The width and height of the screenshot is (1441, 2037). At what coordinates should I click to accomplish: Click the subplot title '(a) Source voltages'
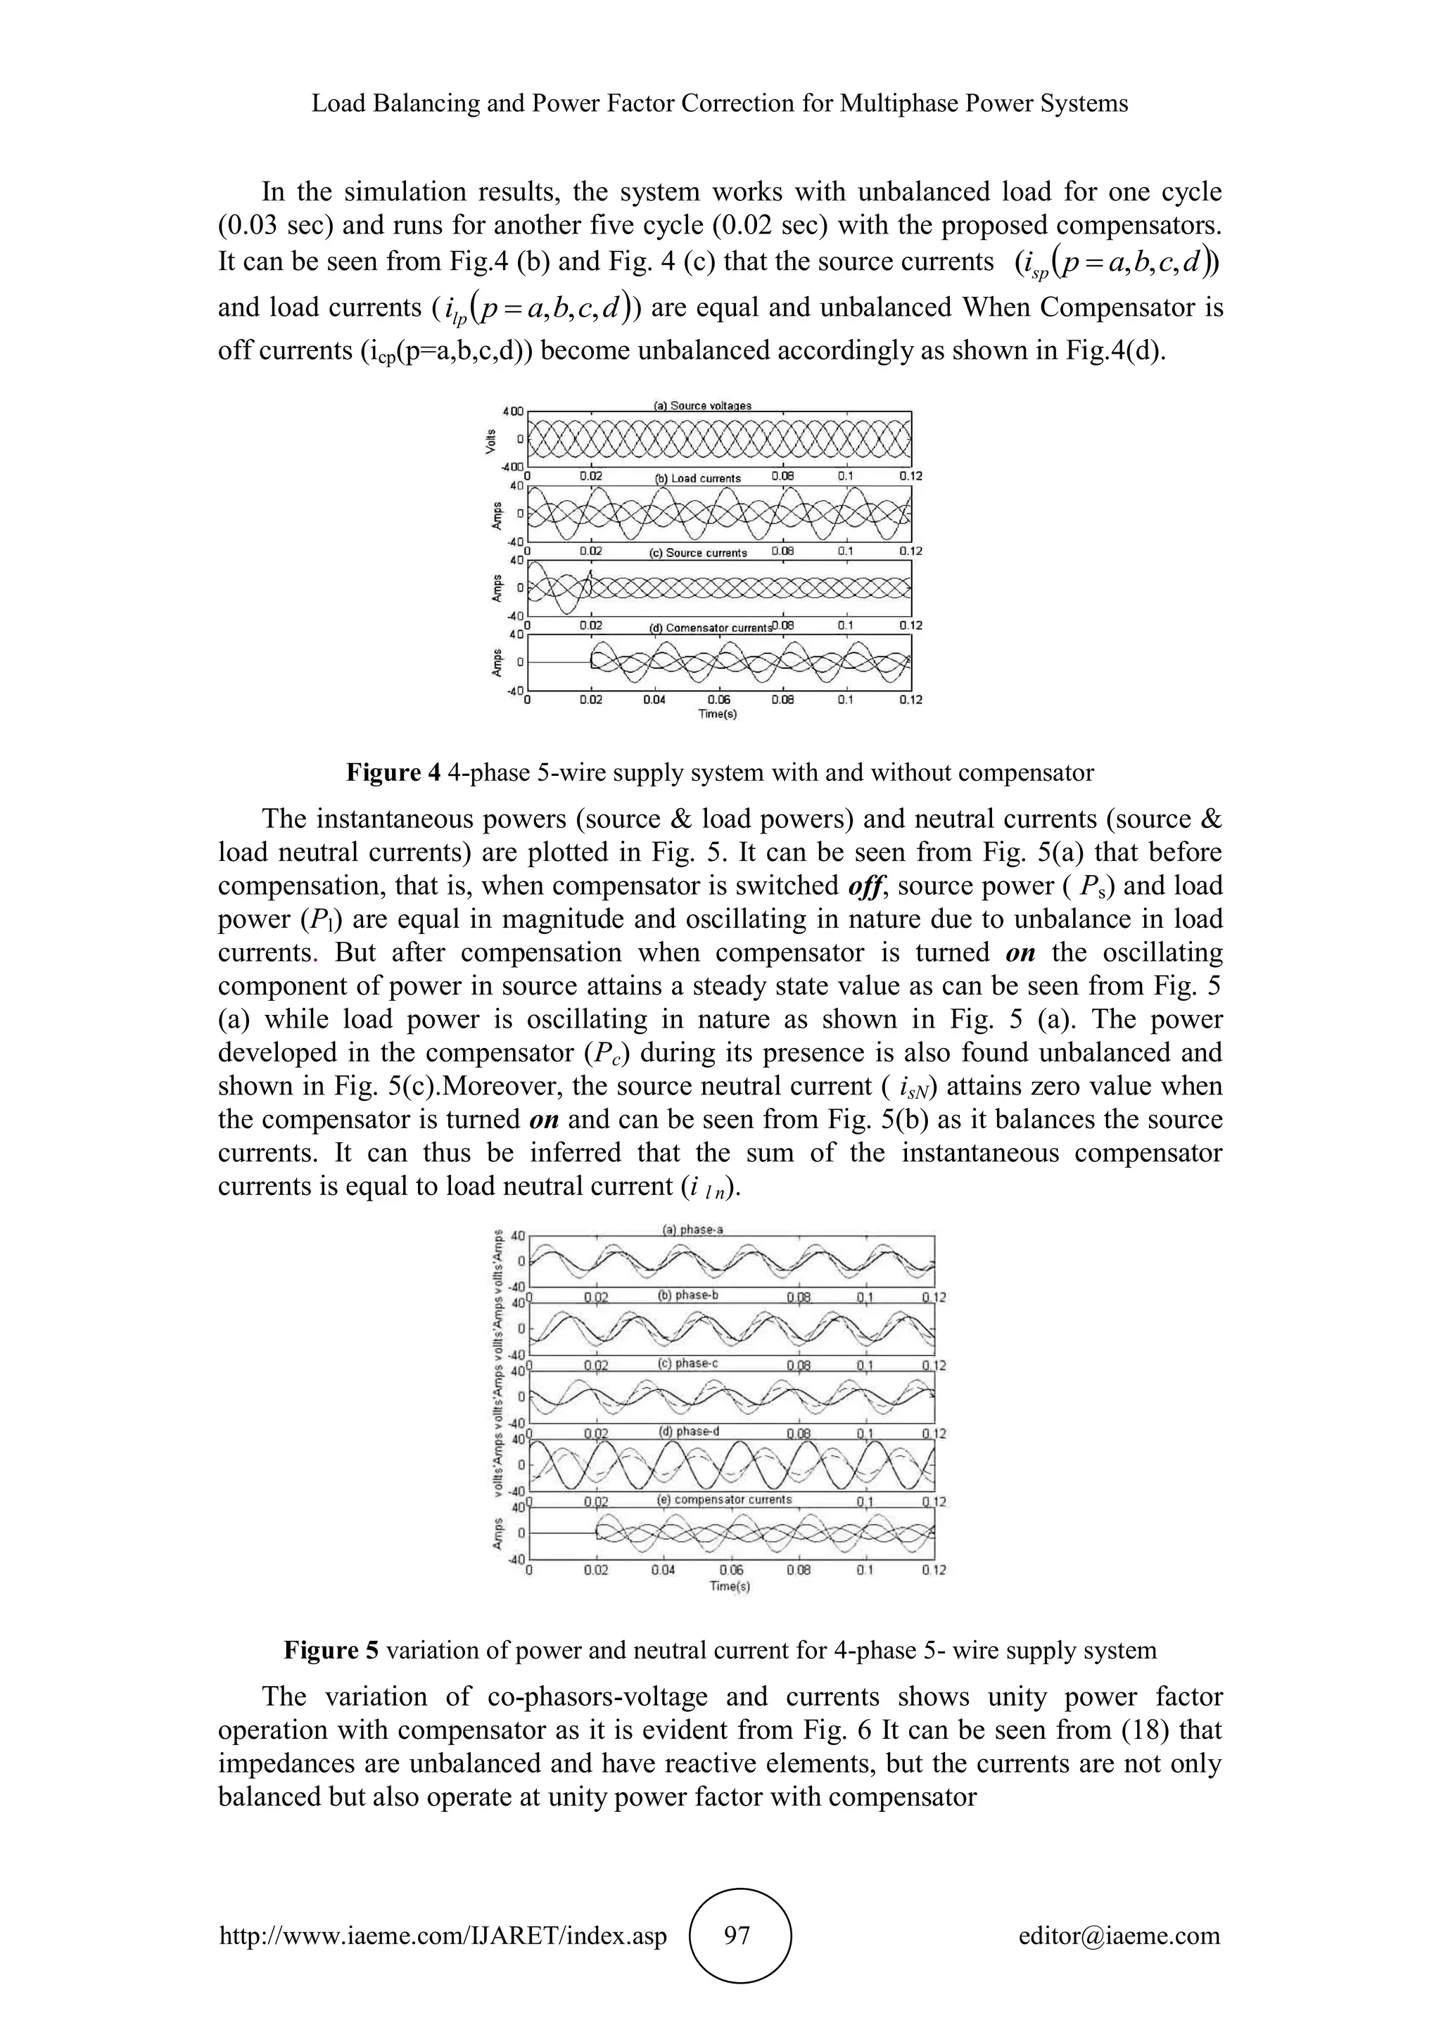point(702,405)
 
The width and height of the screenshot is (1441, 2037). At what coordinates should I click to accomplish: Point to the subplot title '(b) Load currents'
point(697,478)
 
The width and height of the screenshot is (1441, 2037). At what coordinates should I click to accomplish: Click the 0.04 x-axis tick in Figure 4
point(654,700)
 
